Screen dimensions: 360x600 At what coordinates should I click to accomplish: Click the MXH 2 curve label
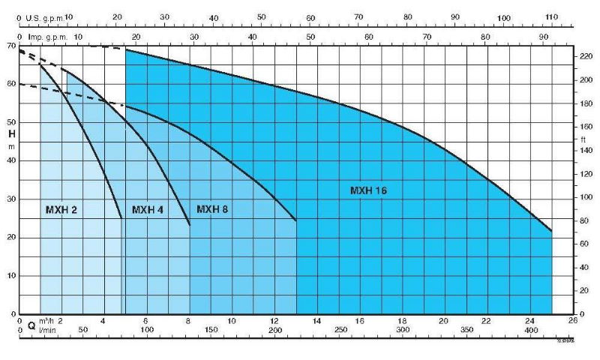click(61, 210)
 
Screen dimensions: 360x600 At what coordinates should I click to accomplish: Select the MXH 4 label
click(148, 210)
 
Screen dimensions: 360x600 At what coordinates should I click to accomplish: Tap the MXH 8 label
click(212, 209)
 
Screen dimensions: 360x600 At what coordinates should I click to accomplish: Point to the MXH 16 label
click(368, 190)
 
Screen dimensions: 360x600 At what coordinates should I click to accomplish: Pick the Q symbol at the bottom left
click(31, 327)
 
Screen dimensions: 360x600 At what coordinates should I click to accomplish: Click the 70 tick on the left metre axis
click(11, 46)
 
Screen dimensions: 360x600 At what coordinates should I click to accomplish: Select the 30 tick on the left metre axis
click(11, 199)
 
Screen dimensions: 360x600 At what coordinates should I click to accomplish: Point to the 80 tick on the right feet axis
click(585, 220)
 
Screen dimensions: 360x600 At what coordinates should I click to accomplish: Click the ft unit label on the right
click(583, 139)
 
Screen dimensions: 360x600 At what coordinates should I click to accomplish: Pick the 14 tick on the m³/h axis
click(317, 320)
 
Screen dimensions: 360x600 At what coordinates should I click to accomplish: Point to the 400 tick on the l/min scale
click(530, 330)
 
